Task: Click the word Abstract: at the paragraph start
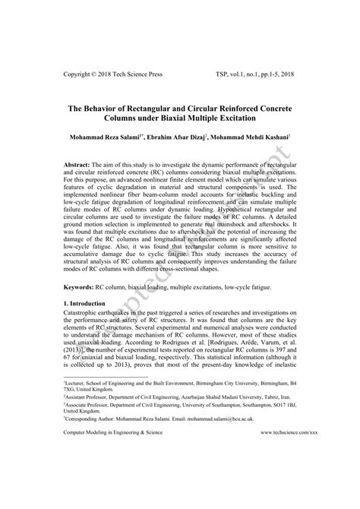point(77,165)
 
